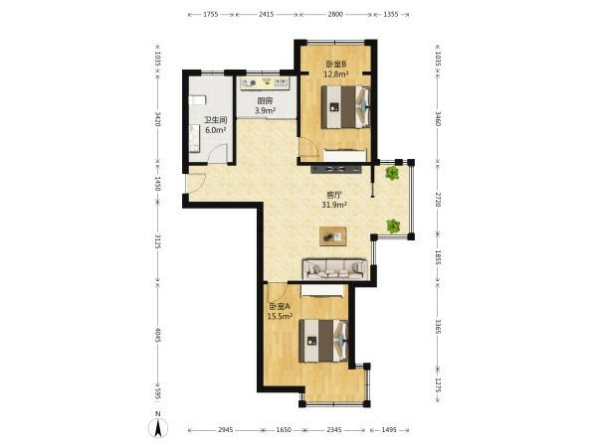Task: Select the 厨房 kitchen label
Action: (x=265, y=101)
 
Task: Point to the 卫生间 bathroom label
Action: (x=216, y=120)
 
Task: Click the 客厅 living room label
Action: (x=334, y=196)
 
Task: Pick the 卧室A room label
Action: (x=280, y=306)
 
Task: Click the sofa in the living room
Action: (x=335, y=269)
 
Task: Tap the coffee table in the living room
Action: (x=332, y=236)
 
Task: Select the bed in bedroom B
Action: (x=345, y=107)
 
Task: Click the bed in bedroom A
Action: (x=323, y=341)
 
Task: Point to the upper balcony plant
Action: (x=392, y=173)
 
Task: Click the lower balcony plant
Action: (x=393, y=226)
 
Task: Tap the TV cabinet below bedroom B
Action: (x=336, y=169)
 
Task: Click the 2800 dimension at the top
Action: (x=335, y=15)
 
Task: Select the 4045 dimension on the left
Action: (x=158, y=335)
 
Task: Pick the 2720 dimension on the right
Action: (x=438, y=200)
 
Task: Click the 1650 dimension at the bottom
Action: (x=284, y=430)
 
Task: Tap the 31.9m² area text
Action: (x=334, y=205)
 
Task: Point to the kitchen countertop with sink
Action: (x=266, y=83)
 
